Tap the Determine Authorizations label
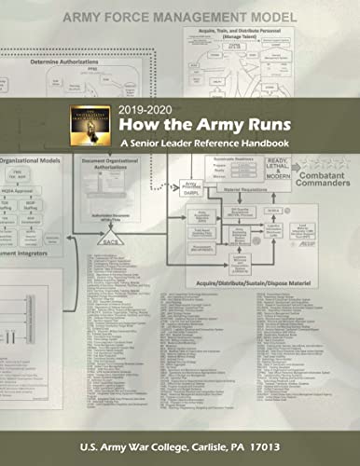coord(68,65)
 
